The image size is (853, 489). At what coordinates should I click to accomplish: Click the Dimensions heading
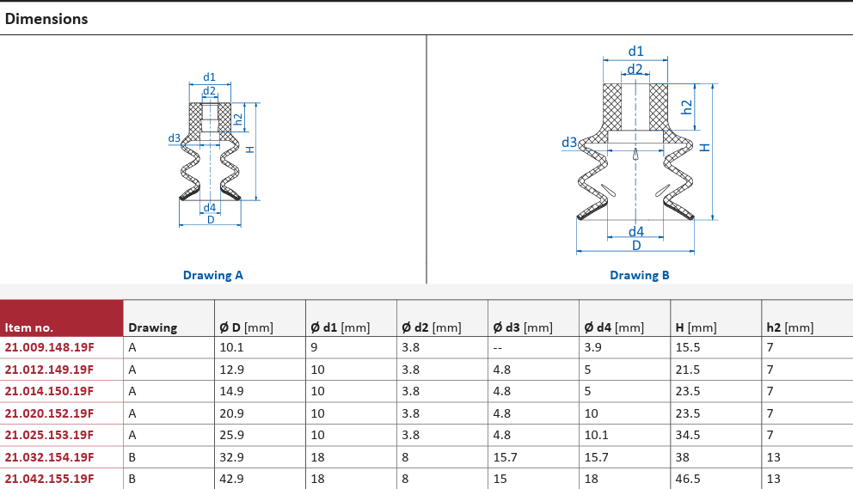pos(46,19)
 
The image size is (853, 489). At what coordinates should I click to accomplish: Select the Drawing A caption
pos(212,275)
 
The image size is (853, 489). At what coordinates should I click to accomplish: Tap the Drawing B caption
pos(639,275)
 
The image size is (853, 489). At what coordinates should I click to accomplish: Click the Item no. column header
pos(29,327)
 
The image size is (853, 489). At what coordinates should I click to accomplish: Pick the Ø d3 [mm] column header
pos(522,327)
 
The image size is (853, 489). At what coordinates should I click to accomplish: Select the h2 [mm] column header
pos(790,327)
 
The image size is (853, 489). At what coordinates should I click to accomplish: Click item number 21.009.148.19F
pos(49,347)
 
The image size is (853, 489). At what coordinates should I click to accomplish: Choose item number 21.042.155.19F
pos(49,479)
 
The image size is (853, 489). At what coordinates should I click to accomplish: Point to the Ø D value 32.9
pos(231,457)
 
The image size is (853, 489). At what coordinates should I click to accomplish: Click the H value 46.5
pos(688,479)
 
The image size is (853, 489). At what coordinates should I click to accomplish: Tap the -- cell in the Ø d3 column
pos(497,348)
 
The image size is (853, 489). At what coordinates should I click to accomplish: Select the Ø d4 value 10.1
pos(596,435)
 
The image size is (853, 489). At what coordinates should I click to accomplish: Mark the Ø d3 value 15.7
pos(505,457)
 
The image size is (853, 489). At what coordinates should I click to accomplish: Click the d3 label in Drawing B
pos(569,143)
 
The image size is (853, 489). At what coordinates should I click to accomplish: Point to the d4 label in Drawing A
pos(210,207)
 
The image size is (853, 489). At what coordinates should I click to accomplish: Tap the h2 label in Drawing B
pos(687,107)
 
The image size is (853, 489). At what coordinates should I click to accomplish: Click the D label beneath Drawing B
pos(636,245)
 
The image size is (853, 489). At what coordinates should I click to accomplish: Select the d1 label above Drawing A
pos(210,77)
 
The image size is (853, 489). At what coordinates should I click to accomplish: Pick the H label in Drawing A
pos(249,150)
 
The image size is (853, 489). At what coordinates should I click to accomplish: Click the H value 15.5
pos(688,347)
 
